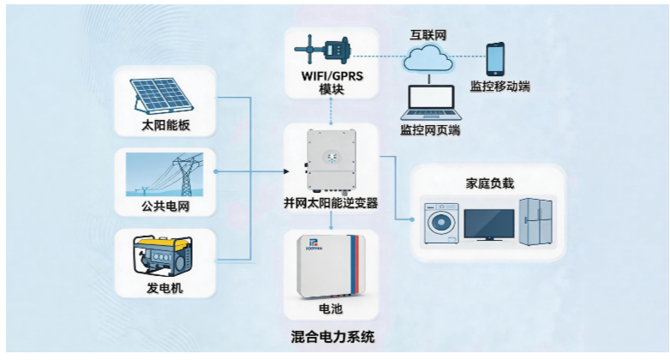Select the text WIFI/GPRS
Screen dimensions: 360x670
pyautogui.click(x=331, y=75)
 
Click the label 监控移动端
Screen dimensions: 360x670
pyautogui.click(x=500, y=87)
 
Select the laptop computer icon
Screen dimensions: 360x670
pyautogui.click(x=430, y=102)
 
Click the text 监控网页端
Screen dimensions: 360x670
pyautogui.click(x=430, y=130)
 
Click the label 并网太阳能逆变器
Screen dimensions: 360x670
pyautogui.click(x=331, y=203)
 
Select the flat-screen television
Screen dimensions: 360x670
pyautogui.click(x=489, y=224)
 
